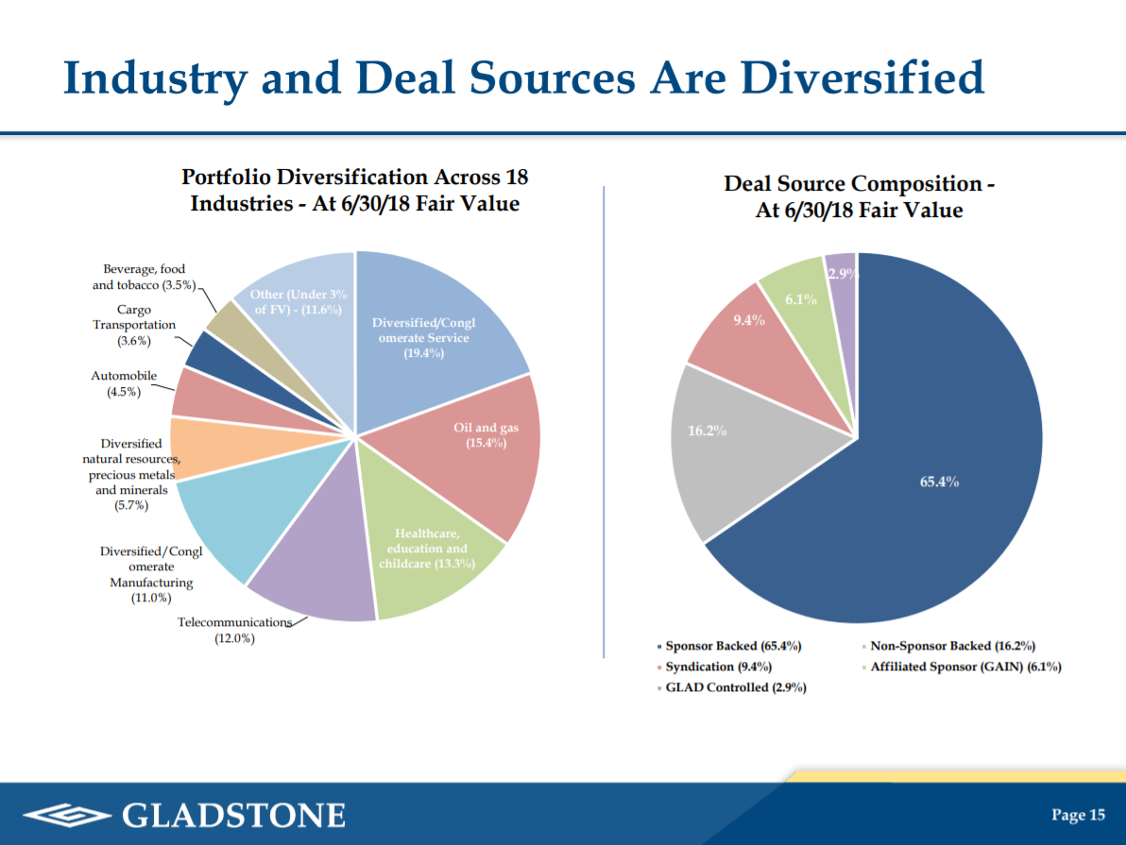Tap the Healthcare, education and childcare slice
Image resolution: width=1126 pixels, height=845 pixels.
pyautogui.click(x=425, y=557)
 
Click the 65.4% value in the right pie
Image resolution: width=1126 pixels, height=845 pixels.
pyautogui.click(x=939, y=482)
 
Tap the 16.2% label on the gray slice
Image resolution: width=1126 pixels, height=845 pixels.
pyautogui.click(x=706, y=431)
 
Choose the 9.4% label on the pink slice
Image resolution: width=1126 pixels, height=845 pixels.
pyautogui.click(x=748, y=319)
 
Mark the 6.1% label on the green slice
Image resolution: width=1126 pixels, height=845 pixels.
pyautogui.click(x=801, y=299)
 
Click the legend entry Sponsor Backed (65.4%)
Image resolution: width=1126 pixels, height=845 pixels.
pyautogui.click(x=733, y=646)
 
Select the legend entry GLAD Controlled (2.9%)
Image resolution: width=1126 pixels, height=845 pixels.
pyautogui.click(x=735, y=687)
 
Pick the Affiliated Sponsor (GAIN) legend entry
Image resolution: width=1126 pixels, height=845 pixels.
pyautogui.click(x=965, y=667)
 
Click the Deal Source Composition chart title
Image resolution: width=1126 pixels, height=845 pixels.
pyautogui.click(x=859, y=197)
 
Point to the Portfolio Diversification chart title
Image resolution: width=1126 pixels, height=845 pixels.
pyautogui.click(x=354, y=190)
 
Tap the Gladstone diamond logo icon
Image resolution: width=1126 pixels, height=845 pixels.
pyautogui.click(x=65, y=815)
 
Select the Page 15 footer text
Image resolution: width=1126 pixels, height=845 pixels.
pyautogui.click(x=1078, y=815)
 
